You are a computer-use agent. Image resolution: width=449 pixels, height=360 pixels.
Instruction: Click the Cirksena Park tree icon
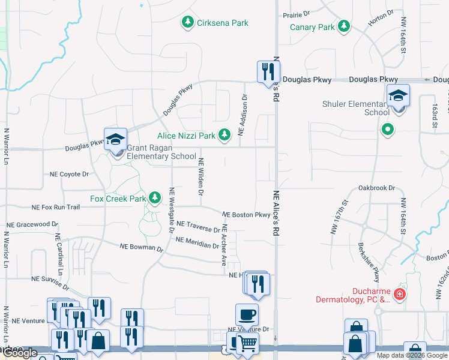(188, 23)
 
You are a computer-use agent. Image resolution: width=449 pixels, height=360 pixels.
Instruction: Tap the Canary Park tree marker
(344, 27)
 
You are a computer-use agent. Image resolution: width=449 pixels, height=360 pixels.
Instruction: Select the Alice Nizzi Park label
(186, 136)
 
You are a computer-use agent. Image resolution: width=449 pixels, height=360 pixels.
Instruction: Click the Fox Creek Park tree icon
(155, 197)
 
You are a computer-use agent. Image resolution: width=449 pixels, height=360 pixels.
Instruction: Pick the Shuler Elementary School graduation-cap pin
(398, 96)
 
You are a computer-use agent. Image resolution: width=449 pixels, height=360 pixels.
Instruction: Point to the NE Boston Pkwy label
(246, 215)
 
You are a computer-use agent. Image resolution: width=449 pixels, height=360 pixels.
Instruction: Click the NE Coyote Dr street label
(69, 174)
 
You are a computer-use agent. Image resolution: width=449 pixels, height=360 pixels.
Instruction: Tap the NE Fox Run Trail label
(55, 207)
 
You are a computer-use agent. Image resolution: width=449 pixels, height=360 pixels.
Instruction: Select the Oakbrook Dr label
(376, 188)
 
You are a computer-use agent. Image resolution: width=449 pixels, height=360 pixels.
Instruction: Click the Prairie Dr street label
(298, 13)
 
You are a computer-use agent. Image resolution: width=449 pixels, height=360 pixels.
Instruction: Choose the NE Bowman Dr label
(141, 247)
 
